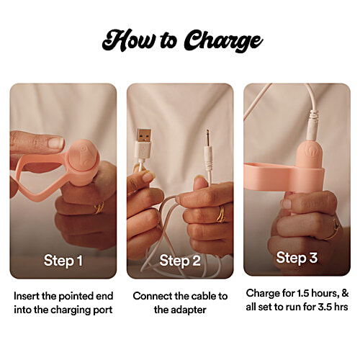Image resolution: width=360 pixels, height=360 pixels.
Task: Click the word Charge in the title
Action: [x=220, y=42]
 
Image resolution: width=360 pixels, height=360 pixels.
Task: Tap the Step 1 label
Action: [x=63, y=259]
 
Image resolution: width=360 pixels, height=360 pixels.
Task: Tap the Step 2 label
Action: [x=179, y=259]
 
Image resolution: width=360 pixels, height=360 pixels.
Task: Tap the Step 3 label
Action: [x=296, y=257]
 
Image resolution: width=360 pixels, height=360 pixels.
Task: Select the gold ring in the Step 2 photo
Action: [x=220, y=214]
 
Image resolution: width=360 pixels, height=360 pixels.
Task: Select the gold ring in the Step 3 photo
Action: [x=333, y=230]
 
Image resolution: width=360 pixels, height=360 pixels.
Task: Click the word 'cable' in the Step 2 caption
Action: [x=201, y=296]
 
